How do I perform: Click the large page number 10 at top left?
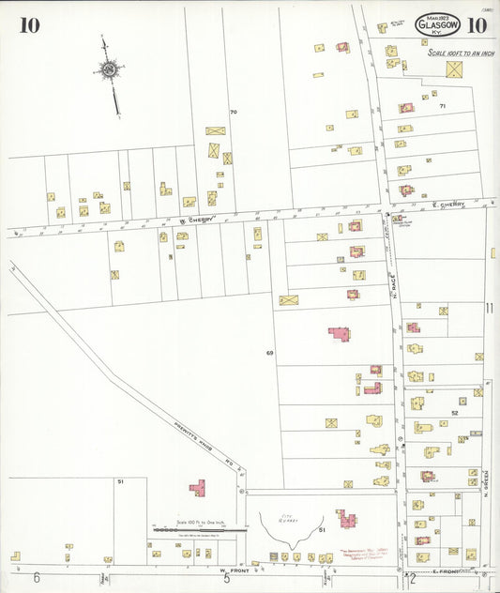[x=29, y=24]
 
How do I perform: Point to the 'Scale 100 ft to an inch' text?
[x=460, y=53]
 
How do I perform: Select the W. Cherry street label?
[x=197, y=220]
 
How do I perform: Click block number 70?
[x=234, y=113]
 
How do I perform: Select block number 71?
[x=442, y=107]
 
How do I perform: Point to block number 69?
[x=269, y=353]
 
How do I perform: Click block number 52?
[x=455, y=413]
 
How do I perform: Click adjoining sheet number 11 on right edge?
[x=489, y=308]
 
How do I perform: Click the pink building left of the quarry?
[x=198, y=488]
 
